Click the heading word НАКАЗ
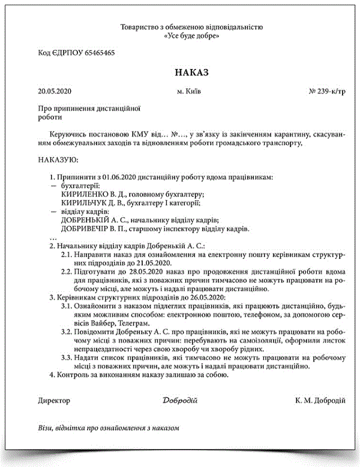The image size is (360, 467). [191, 73]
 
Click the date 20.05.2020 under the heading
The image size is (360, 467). [55, 92]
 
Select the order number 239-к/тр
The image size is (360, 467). [332, 92]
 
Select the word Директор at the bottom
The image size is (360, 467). [54, 400]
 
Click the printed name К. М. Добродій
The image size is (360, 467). [320, 400]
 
